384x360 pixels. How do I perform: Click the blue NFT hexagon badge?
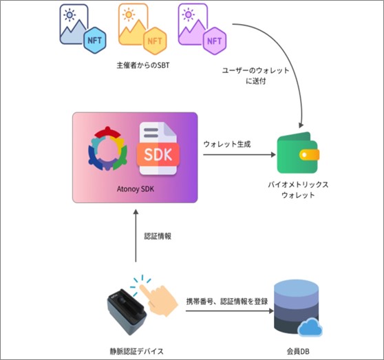94,41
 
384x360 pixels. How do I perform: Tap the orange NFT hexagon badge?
155,41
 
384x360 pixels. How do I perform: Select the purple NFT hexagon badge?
215,41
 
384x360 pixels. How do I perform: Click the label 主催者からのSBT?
143,65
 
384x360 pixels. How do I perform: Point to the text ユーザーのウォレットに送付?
256,76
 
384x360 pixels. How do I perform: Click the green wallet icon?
298,153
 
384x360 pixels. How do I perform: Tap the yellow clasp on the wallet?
309,155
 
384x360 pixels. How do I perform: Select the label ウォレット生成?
227,144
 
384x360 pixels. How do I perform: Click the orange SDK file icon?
158,149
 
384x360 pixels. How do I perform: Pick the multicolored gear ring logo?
107,149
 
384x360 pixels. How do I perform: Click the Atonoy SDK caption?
136,189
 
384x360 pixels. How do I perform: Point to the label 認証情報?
158,236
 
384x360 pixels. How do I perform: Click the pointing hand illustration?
159,299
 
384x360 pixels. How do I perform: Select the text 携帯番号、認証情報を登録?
227,301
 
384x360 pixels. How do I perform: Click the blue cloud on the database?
310,327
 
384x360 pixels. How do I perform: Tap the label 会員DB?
298,352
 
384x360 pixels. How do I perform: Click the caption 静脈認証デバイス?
136,352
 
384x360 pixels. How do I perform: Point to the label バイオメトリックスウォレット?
298,190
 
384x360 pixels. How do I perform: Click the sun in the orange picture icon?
129,14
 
